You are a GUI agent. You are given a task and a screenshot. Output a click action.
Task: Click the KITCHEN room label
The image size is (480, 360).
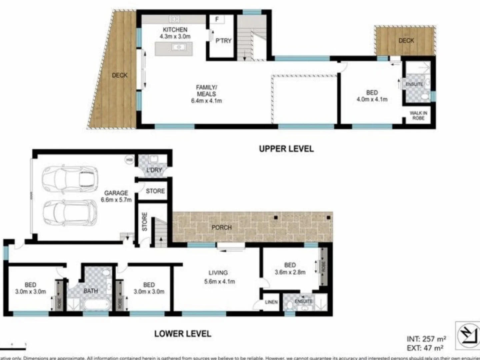tap(175, 30)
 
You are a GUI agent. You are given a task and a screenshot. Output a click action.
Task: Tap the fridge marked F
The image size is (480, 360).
tap(217, 19)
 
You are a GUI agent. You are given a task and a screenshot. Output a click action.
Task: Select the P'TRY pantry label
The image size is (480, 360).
tap(223, 41)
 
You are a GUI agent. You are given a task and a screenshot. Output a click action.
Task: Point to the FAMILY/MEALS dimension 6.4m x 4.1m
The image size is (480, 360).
tap(206, 101)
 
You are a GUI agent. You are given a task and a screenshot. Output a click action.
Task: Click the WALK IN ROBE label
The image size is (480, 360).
tap(418, 115)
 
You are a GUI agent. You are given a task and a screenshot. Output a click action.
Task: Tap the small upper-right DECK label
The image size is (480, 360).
tap(406, 40)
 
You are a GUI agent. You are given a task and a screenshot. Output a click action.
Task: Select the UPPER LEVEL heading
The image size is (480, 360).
tap(286, 149)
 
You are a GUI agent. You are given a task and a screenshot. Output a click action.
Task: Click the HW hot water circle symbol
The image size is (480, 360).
tap(129, 160)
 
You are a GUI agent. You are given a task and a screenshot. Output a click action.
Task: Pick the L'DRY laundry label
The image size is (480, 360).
tap(154, 170)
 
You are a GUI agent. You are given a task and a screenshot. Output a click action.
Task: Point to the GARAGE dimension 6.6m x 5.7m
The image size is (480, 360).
tap(116, 200)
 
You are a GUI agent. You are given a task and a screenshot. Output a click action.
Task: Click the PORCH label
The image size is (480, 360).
tap(221, 227)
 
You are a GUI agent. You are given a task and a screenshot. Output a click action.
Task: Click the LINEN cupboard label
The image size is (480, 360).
tap(271, 302)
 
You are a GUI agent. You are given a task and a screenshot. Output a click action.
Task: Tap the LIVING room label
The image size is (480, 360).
tap(218, 273)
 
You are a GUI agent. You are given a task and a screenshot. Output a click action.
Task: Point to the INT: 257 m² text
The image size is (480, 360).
tap(426, 339)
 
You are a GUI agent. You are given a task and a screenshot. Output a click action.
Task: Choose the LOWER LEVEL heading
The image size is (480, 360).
tap(183, 334)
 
